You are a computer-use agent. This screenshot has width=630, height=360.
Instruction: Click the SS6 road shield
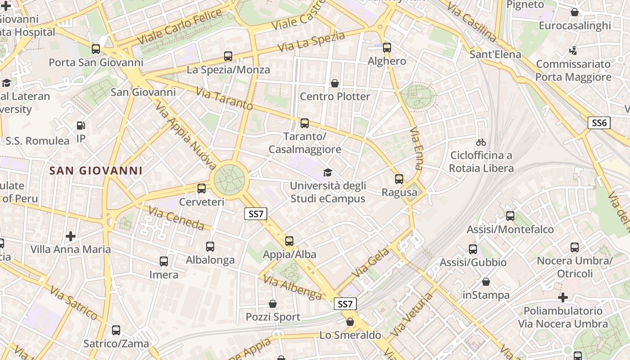click(599, 123)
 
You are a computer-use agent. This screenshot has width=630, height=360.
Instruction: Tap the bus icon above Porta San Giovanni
click(96, 49)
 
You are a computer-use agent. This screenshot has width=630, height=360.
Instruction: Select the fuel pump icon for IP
click(81, 126)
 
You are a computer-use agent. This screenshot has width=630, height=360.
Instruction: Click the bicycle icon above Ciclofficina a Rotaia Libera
click(481, 142)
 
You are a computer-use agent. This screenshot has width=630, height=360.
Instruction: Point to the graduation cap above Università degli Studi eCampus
click(328, 172)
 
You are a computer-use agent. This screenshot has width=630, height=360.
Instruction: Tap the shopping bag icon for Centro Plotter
click(335, 83)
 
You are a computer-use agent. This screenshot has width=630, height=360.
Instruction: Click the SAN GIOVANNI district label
click(96, 171)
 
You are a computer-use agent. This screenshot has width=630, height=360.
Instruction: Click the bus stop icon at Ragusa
click(399, 179)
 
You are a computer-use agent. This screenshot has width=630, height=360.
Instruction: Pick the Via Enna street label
click(416, 148)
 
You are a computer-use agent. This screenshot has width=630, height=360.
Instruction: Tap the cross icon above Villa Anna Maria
click(71, 236)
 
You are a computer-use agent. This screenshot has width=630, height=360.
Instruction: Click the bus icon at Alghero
click(387, 48)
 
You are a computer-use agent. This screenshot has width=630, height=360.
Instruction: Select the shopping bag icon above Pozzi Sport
click(273, 304)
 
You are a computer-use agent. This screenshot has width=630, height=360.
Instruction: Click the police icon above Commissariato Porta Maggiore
click(573, 50)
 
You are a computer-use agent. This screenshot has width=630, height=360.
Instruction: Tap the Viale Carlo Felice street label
click(180, 27)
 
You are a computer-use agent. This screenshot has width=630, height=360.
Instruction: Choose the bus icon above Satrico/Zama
click(116, 330)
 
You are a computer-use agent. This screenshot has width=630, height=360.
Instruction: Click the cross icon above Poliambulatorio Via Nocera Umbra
click(562, 297)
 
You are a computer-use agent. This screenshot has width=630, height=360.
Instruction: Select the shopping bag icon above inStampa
click(486, 282)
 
